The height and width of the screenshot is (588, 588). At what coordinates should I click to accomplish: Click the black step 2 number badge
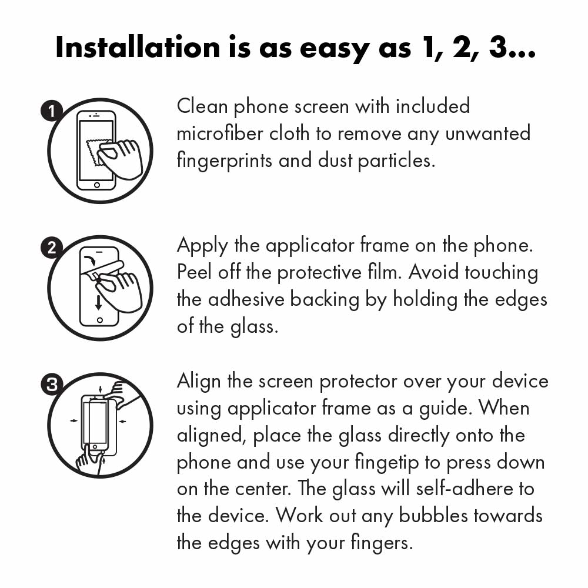(52, 248)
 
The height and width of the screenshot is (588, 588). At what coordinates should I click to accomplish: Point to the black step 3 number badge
(52, 385)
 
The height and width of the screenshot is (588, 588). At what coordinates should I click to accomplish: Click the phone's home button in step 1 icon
(97, 185)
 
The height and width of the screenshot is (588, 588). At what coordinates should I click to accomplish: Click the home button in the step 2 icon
(99, 321)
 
